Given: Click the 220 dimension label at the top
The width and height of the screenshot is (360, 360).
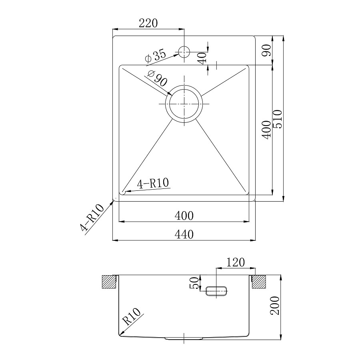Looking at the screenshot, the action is tap(148, 23).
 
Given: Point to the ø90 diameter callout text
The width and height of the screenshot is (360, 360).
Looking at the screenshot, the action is tap(158, 78).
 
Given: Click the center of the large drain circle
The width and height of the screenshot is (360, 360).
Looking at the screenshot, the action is tap(184, 104).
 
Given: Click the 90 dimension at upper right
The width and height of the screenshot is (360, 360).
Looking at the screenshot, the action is tap(266, 50).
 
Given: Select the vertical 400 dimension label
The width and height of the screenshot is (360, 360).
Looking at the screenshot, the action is tap(266, 130).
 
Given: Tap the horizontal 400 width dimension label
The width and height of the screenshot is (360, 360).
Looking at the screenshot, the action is tap(184, 216).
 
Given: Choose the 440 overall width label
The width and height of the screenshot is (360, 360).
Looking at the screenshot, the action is tap(184, 234).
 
